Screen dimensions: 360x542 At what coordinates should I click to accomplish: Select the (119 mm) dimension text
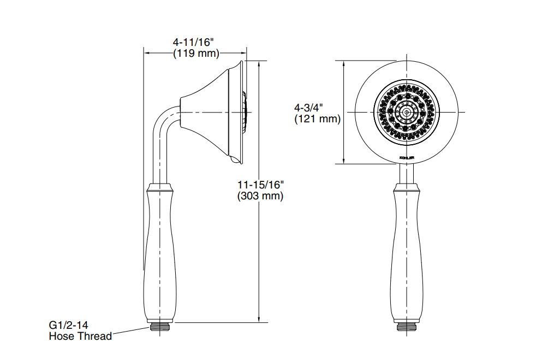pos(195,54)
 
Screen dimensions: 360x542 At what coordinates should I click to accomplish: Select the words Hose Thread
pos(80,337)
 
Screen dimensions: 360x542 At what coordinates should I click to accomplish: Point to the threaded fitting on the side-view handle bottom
pos(160,327)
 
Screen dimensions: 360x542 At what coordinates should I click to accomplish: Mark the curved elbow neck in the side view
pos(163,123)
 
